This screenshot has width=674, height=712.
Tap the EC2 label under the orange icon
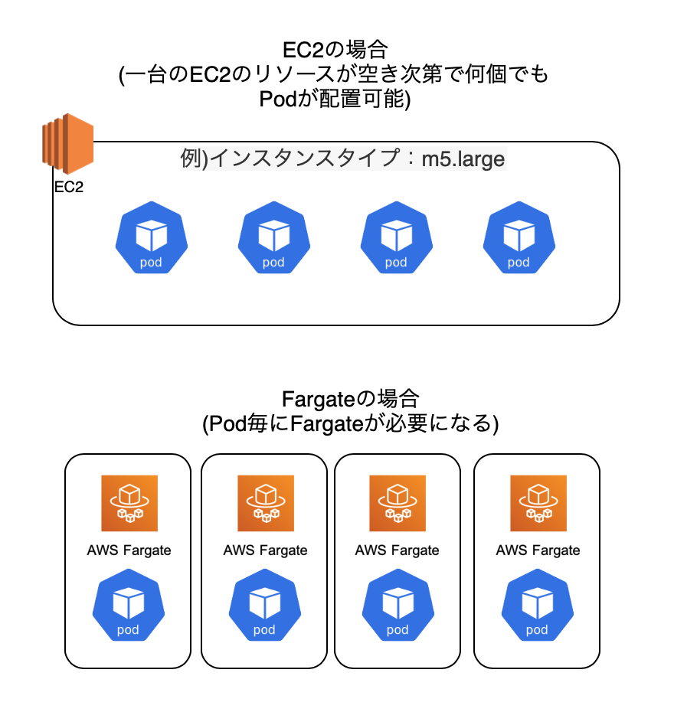coord(69,188)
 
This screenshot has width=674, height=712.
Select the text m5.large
coord(463,159)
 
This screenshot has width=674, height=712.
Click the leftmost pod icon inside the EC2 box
coord(151,238)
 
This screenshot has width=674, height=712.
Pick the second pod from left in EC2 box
coord(273,238)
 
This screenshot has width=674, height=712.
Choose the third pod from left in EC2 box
coord(396,238)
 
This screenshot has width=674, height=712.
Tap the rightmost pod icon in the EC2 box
coord(519,238)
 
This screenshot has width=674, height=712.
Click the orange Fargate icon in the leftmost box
coord(129,503)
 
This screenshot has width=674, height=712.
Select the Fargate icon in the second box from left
coord(265,503)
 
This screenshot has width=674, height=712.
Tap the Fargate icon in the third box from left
coord(398,503)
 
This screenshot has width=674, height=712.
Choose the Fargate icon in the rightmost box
coord(538,503)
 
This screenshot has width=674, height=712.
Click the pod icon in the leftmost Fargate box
coord(129,607)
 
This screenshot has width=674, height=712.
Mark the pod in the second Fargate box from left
coord(264,607)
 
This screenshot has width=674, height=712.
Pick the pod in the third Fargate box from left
coord(398,607)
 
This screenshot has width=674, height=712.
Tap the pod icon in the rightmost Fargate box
coord(537,607)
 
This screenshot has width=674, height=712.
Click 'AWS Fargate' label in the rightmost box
coord(538,550)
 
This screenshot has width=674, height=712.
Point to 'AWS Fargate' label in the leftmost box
coord(129,550)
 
